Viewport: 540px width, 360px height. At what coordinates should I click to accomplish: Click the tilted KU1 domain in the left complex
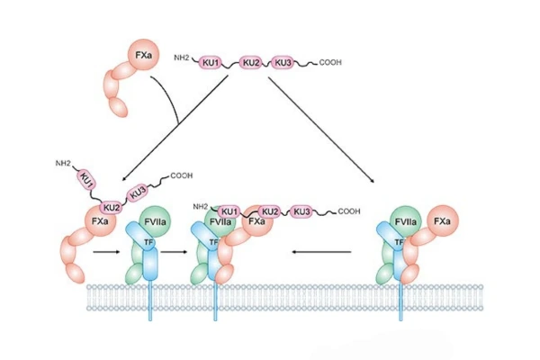[x=87, y=178]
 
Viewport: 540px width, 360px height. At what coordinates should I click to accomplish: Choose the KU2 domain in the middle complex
[x=272, y=211]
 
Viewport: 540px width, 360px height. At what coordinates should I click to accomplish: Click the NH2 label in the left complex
[x=63, y=164]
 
